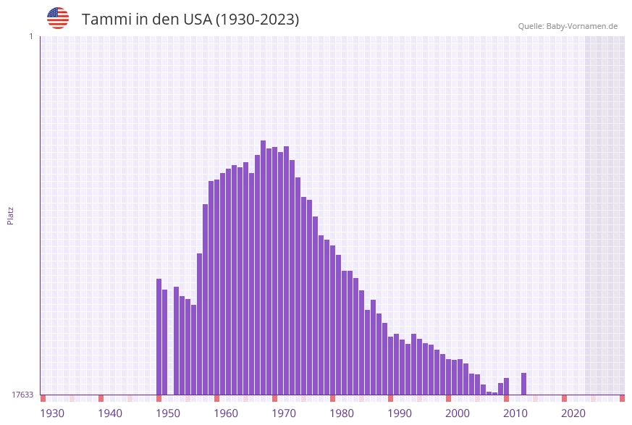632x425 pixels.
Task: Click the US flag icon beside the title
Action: [x=58, y=18]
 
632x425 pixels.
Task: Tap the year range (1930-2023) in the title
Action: [x=257, y=20]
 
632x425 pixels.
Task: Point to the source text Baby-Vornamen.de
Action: [x=582, y=26]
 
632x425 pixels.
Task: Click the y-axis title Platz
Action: [x=11, y=215]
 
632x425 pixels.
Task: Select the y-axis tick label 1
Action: [x=30, y=36]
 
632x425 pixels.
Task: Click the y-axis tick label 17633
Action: [x=22, y=395]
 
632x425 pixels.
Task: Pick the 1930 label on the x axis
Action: [x=52, y=413]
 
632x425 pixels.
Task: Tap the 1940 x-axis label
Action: [x=110, y=413]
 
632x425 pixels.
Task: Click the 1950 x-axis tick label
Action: [x=168, y=413]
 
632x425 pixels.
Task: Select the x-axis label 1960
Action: [x=226, y=413]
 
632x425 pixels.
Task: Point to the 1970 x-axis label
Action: [x=284, y=413]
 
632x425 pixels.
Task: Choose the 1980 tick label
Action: [x=342, y=413]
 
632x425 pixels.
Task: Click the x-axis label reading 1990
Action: [x=400, y=413]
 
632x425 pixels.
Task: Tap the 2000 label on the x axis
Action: [x=458, y=413]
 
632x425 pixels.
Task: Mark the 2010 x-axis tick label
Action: [x=515, y=413]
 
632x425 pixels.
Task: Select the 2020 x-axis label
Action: [x=573, y=413]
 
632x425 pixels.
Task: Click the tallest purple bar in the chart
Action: [x=264, y=268]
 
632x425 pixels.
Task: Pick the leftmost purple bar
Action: [x=159, y=337]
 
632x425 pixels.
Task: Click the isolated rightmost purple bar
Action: [x=524, y=384]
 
